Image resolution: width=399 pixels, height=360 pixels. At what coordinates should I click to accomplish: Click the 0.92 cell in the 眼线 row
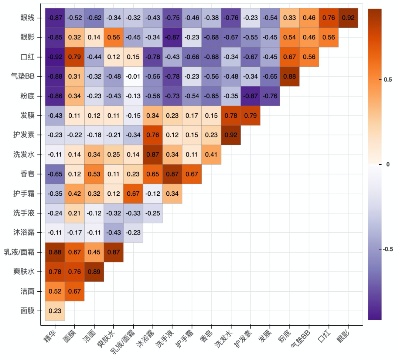[x=348, y=17]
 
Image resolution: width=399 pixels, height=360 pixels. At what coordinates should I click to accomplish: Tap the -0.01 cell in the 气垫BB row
[x=133, y=76]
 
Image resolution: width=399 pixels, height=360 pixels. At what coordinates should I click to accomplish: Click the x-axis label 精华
[x=50, y=335]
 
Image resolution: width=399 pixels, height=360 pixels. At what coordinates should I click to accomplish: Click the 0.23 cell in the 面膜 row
[x=55, y=311]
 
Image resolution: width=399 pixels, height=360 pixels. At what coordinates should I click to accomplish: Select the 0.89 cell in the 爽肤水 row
[x=94, y=272]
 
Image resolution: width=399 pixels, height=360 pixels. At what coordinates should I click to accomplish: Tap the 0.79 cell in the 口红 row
[x=75, y=57]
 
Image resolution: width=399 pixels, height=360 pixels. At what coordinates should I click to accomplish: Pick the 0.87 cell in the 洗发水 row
[x=153, y=154]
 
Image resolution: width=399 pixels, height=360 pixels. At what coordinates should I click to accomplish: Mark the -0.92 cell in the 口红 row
[x=55, y=57]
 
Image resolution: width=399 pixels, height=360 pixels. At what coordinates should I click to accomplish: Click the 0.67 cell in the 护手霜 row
[x=133, y=193]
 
